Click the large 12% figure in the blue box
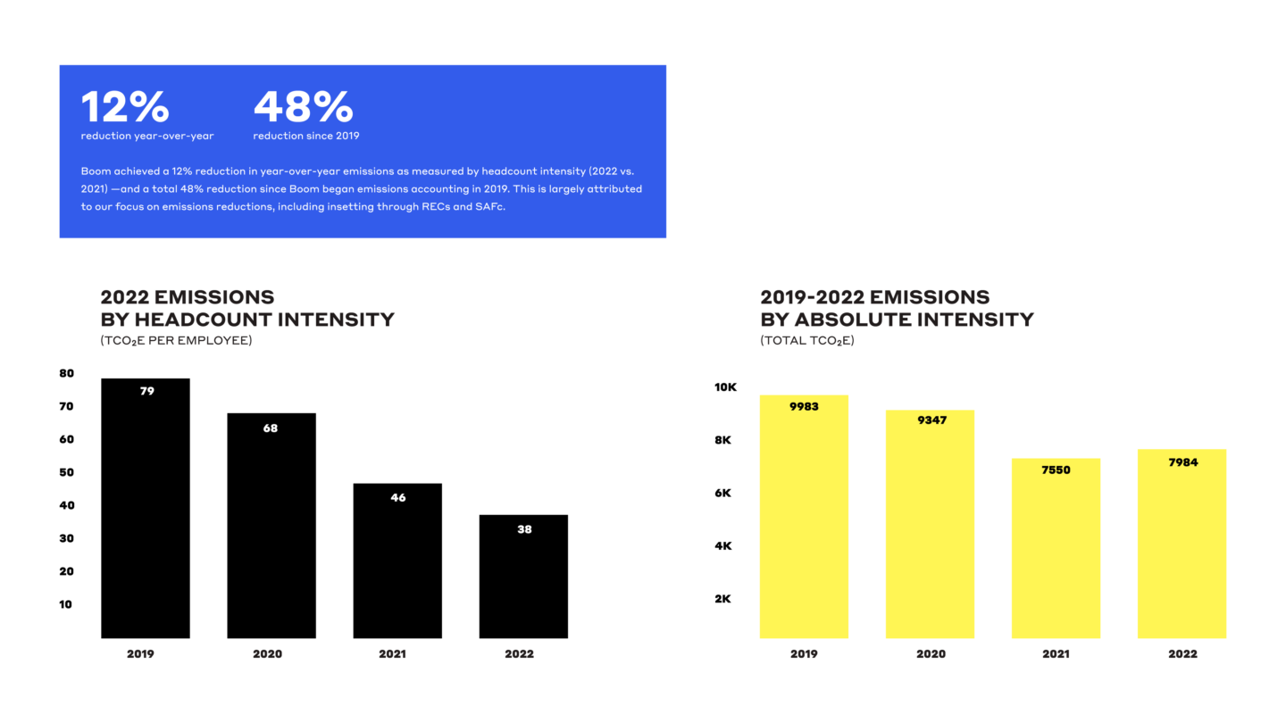coord(125,106)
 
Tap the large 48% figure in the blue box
coord(303,106)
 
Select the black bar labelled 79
coord(146,508)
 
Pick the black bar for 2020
coord(271,526)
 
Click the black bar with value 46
coord(397,561)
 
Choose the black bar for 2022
coord(523,576)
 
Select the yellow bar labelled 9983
coord(804,517)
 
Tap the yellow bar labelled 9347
coord(930,524)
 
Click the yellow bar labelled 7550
coord(1056,548)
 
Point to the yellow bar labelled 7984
coord(1182,544)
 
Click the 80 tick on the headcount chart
coord(67,373)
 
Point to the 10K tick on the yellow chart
coord(725,386)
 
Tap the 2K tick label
coord(722,598)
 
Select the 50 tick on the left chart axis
coord(67,472)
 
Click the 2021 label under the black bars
coord(393,653)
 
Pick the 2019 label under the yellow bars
coord(804,653)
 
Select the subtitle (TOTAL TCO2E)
coord(807,340)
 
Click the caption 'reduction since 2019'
coord(306,136)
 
